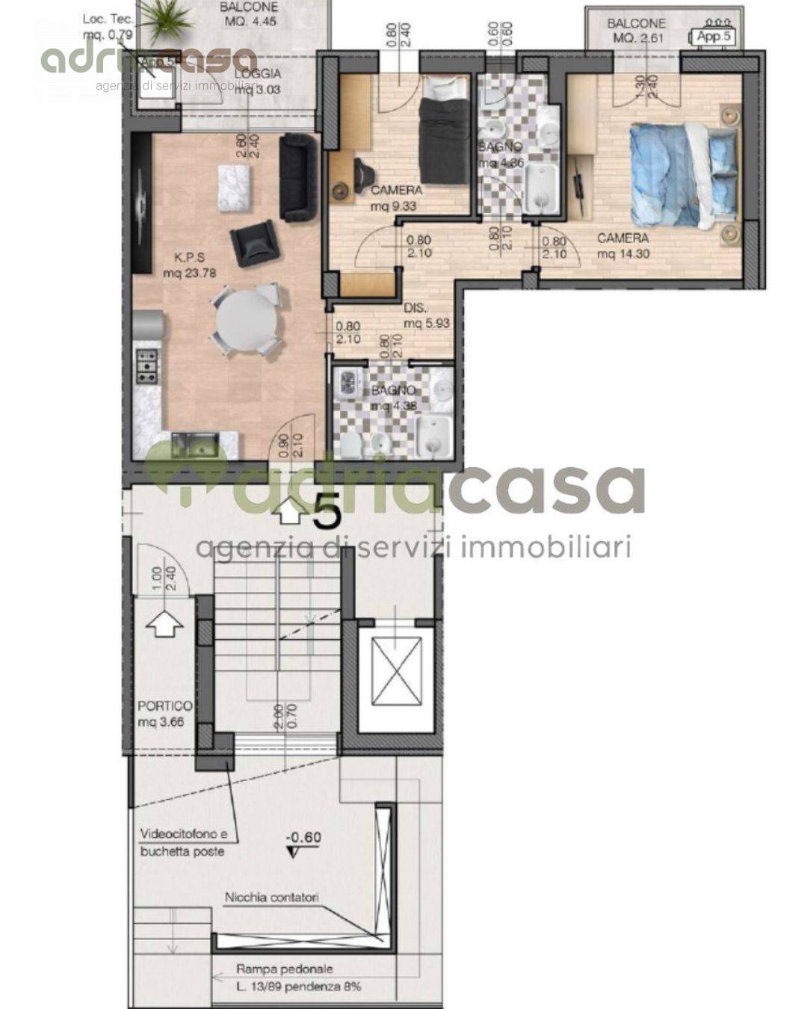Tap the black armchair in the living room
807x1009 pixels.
(x=254, y=242)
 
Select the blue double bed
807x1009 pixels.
(x=681, y=175)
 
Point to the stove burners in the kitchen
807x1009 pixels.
(x=147, y=366)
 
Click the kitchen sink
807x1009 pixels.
(x=194, y=445)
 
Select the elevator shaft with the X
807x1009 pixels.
(x=395, y=677)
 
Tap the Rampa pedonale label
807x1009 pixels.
(x=285, y=969)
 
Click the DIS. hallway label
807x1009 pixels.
(x=416, y=308)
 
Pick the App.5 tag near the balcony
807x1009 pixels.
(x=715, y=37)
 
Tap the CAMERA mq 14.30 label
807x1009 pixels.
(x=622, y=246)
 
